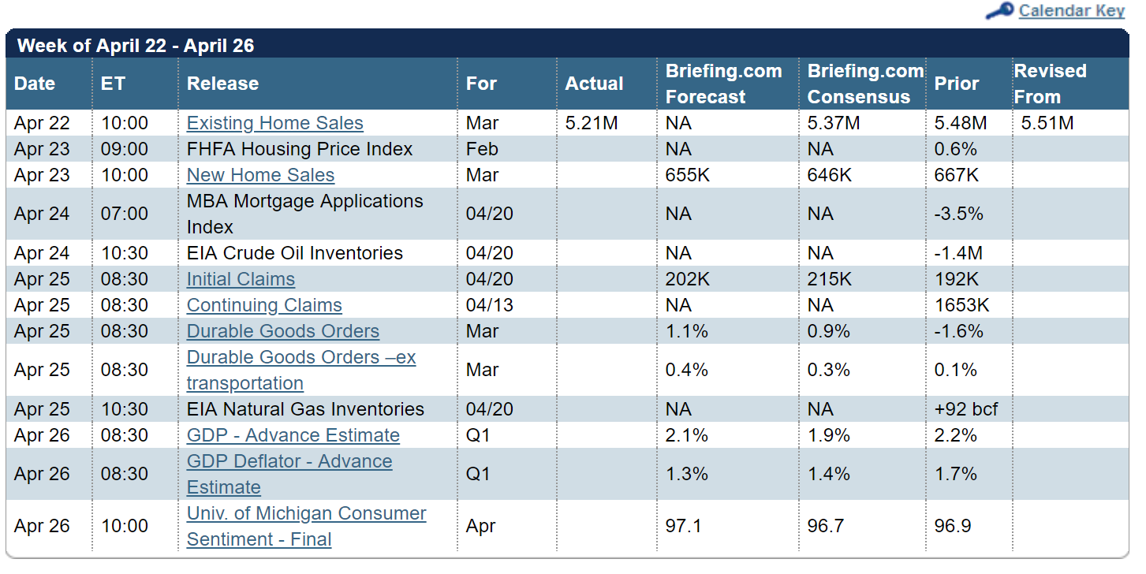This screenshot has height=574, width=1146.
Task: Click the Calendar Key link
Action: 1071,11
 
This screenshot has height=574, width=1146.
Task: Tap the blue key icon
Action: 999,12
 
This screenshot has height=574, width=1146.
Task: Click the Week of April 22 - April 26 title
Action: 136,46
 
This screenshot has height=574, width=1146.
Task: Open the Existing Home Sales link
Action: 274,123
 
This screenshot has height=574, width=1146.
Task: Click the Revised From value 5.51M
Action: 1047,123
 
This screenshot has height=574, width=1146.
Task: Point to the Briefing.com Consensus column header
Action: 864,84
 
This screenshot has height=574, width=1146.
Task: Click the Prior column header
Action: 956,84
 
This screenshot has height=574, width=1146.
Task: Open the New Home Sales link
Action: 260,175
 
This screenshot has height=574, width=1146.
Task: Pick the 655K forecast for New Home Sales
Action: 688,175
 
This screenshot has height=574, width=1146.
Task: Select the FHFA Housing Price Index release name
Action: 300,149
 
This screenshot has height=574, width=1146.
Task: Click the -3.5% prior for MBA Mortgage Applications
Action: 959,214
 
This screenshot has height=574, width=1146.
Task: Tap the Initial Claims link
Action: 241,279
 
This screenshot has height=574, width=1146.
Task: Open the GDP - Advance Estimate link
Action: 293,435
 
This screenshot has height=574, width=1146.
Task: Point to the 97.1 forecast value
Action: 684,526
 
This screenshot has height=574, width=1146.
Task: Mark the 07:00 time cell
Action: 124,214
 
